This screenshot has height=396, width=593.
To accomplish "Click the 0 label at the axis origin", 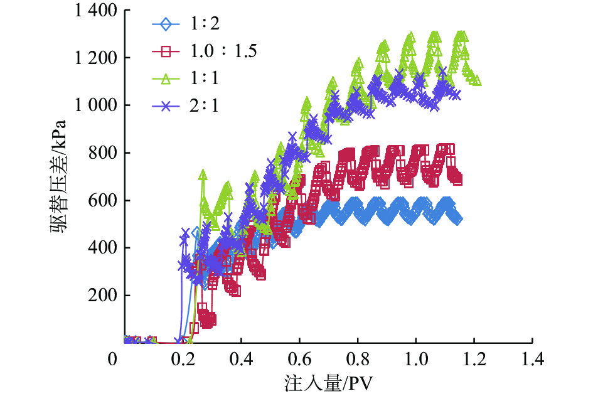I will click(113, 360).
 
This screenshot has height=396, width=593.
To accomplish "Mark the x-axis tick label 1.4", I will click(532, 360).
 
